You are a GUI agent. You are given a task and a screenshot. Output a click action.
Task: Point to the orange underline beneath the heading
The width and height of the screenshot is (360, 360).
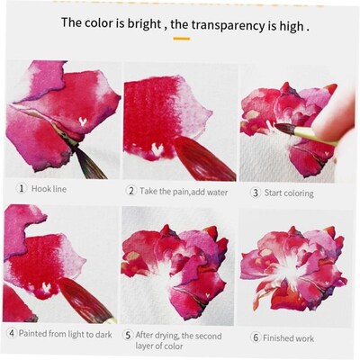(181, 39)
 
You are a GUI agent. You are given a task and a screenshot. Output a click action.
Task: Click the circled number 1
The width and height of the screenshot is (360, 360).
(22, 189)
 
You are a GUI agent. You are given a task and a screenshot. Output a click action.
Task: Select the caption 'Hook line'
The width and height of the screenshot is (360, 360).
(49, 189)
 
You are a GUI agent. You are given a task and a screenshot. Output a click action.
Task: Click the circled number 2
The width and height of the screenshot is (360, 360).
(130, 191)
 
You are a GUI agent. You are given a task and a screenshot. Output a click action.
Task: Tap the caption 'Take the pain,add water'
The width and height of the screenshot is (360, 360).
(184, 191)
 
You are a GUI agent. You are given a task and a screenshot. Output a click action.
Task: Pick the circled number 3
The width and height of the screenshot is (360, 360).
(255, 192)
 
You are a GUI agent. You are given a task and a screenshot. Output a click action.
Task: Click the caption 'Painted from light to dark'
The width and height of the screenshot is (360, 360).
(64, 332)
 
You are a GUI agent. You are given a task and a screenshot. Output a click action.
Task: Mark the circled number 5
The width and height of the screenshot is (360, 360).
(127, 336)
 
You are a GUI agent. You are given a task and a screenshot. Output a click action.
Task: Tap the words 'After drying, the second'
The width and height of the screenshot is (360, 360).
(180, 336)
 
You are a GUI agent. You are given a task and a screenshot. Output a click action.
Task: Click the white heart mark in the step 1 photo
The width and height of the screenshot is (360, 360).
(83, 119)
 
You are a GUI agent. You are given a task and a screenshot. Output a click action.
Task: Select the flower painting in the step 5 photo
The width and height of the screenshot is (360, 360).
(175, 265)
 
